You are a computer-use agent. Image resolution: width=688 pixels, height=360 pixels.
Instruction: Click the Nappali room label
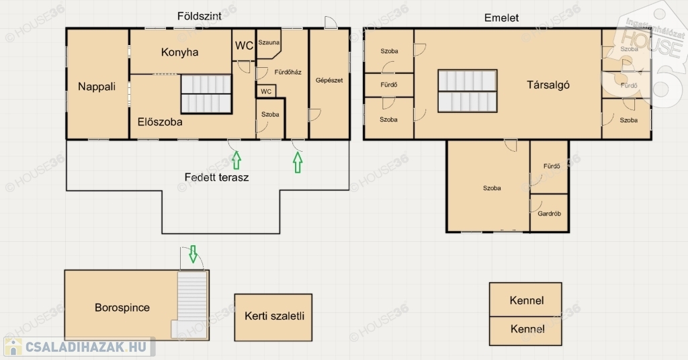pyautogui.click(x=97, y=87)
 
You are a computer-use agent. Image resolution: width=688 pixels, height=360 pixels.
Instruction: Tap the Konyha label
pyautogui.click(x=179, y=52)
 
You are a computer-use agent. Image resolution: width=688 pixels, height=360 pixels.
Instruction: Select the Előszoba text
pyautogui.click(x=160, y=122)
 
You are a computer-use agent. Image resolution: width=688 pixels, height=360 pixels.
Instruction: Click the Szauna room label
pyautogui.click(x=269, y=42)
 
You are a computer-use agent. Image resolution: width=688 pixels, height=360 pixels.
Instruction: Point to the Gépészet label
pyautogui.click(x=329, y=80)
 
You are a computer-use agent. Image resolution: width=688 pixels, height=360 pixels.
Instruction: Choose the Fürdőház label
pyautogui.click(x=288, y=73)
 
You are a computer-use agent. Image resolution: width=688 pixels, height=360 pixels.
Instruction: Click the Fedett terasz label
pyautogui.click(x=216, y=177)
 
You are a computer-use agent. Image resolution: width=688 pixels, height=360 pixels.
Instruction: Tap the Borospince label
pyautogui.click(x=122, y=308)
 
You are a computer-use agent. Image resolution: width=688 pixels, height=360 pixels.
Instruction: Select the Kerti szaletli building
pyautogui.click(x=273, y=318)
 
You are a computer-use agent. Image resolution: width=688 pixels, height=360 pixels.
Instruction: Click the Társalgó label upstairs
pyautogui.click(x=548, y=85)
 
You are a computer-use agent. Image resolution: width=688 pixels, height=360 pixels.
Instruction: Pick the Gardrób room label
pyautogui.click(x=550, y=214)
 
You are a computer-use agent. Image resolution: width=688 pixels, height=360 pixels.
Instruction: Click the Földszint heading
pyautogui.click(x=199, y=16)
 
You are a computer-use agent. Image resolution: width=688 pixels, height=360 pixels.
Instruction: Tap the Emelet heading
pyautogui.click(x=501, y=18)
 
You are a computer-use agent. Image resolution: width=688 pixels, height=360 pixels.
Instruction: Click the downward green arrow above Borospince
pyautogui.click(x=193, y=254)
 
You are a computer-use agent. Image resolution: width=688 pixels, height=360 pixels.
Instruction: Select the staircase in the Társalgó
pyautogui.click(x=468, y=91)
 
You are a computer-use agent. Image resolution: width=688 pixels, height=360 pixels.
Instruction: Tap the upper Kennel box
pyautogui.click(x=525, y=300)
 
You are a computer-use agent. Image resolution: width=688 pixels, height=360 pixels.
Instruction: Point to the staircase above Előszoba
pyautogui.click(x=206, y=94)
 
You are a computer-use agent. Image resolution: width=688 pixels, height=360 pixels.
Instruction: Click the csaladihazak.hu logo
pyautogui.click(x=79, y=347)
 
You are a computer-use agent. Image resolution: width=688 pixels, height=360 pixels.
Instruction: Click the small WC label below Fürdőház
pyautogui.click(x=266, y=91)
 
